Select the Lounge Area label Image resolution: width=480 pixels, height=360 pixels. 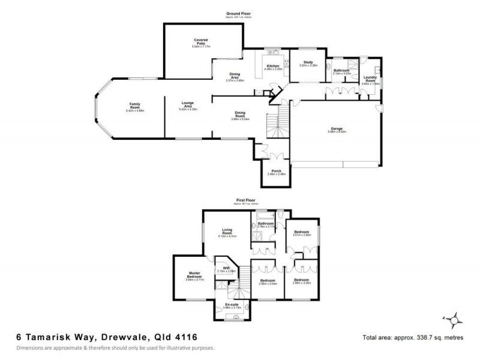coord(187,105)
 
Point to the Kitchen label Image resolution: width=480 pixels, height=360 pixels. coord(273,65)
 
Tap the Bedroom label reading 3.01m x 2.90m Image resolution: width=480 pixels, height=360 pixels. coord(302,233)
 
